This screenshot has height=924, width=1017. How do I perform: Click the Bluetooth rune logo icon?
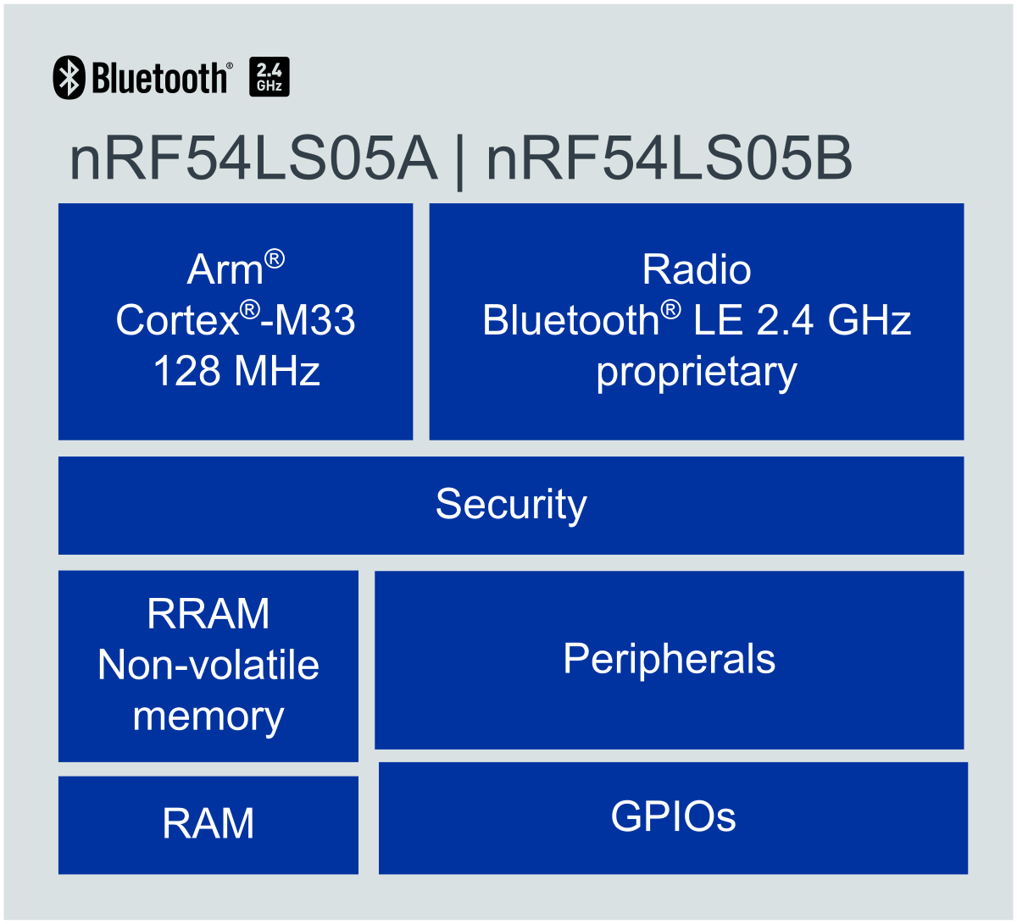[x=69, y=77]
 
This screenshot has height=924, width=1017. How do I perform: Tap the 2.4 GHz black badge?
[x=270, y=76]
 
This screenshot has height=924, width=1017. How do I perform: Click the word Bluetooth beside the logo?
[x=159, y=78]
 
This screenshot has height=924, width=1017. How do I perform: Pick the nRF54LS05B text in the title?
[x=670, y=161]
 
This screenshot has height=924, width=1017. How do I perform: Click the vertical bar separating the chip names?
[x=460, y=163]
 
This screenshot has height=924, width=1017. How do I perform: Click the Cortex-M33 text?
[x=236, y=321]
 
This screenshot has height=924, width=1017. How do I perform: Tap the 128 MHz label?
[x=236, y=372]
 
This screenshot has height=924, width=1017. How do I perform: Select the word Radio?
[x=697, y=270]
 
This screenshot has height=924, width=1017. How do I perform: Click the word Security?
[x=511, y=505]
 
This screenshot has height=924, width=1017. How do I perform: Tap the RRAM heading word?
[x=208, y=614]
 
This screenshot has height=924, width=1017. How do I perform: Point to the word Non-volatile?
[x=208, y=666]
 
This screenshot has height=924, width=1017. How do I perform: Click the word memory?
[x=208, y=717]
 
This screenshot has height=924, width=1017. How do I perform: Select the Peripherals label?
[x=669, y=659]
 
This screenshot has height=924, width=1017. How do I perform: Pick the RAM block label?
[x=208, y=824]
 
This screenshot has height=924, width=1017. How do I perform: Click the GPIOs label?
[x=673, y=816]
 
